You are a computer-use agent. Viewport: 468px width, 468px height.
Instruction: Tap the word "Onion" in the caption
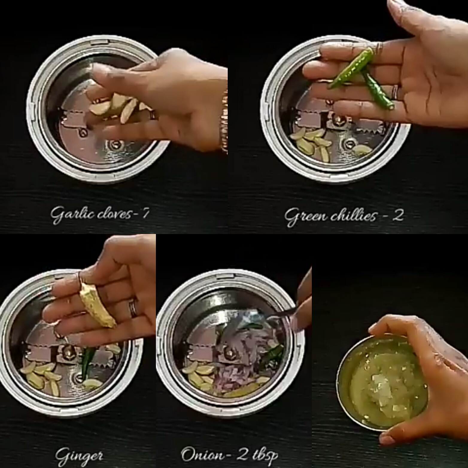click(203, 454)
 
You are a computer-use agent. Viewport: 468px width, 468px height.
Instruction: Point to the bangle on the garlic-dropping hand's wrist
click(224, 123)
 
